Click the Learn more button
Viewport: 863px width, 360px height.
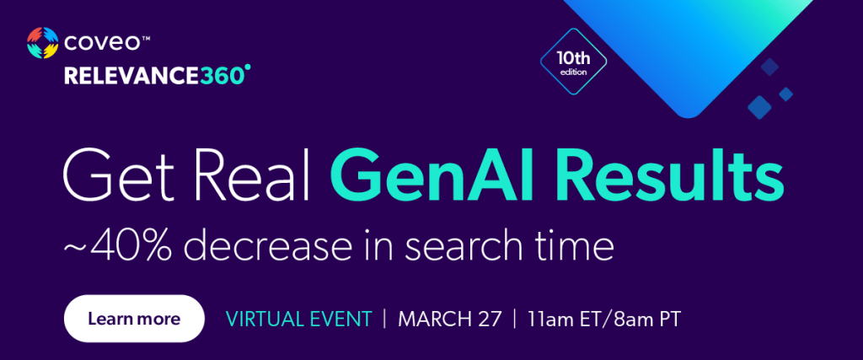coord(134,319)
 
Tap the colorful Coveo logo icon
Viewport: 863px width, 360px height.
coord(42,42)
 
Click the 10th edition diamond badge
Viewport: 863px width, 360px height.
coord(573,62)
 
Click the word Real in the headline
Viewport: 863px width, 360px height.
coord(237,176)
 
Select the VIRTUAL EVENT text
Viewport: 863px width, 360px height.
coord(299,319)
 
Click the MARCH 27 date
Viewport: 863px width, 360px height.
coord(450,319)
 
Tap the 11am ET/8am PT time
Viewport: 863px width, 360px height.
coord(603,319)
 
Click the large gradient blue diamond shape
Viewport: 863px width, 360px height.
coord(688,50)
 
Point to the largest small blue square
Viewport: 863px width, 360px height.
coord(760,107)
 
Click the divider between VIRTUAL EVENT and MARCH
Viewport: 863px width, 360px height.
coord(384,319)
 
